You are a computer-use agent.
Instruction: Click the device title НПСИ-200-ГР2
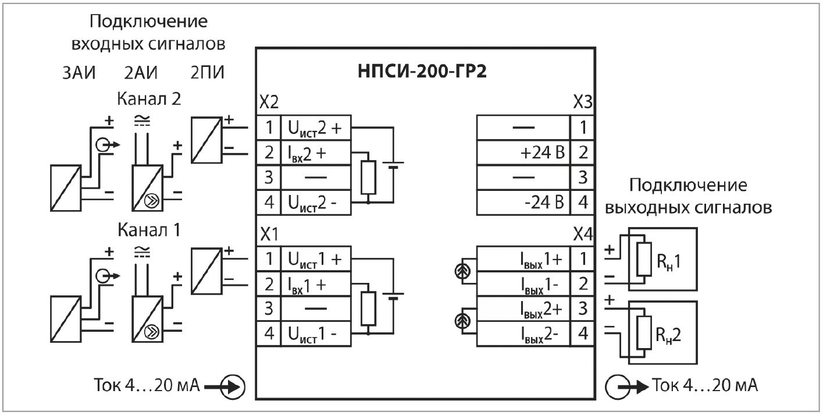click(424, 76)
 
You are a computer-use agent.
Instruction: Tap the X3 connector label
click(582, 103)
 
